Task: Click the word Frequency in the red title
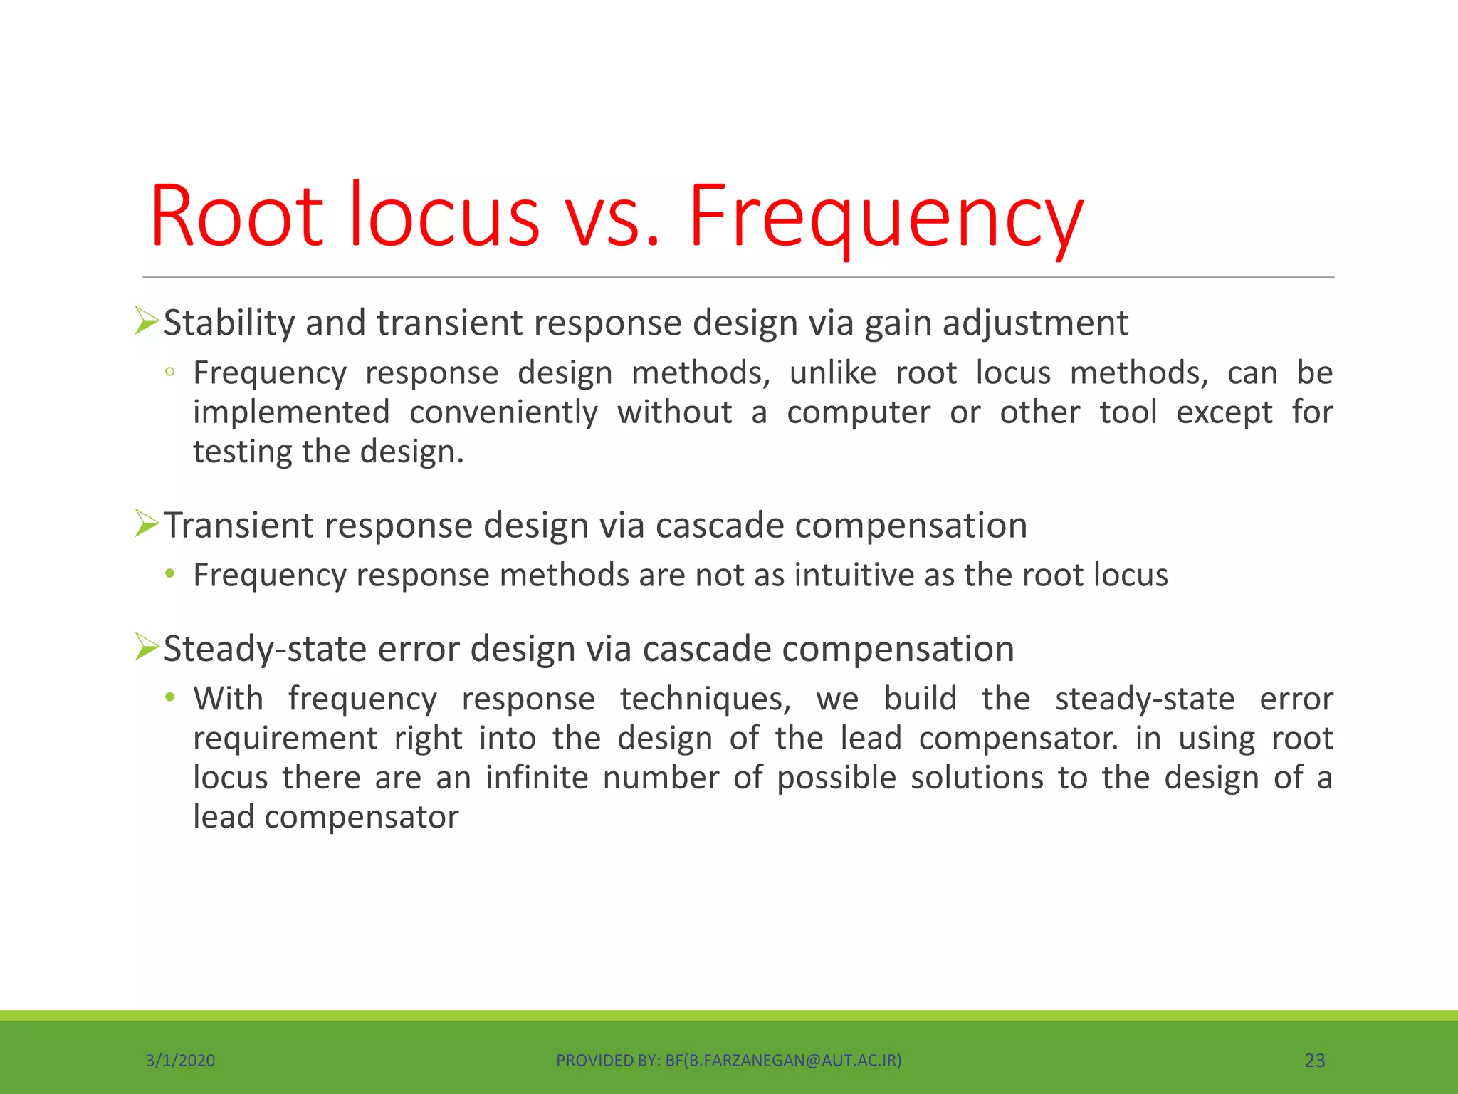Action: (885, 217)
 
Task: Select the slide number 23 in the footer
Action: (1314, 1061)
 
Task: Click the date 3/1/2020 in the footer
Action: (180, 1061)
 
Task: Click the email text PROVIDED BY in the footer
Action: (728, 1061)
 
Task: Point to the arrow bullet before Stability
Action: (147, 322)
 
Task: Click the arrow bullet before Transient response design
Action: (147, 525)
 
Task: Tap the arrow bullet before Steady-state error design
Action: (147, 648)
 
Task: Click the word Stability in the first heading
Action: (229, 323)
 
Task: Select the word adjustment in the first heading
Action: (1035, 323)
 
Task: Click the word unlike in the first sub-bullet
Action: (832, 373)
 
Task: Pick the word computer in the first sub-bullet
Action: (858, 412)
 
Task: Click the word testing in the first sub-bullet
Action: (241, 452)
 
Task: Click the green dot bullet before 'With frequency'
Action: (169, 697)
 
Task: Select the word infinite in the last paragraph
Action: (537, 777)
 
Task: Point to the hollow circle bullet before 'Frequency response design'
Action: (169, 372)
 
